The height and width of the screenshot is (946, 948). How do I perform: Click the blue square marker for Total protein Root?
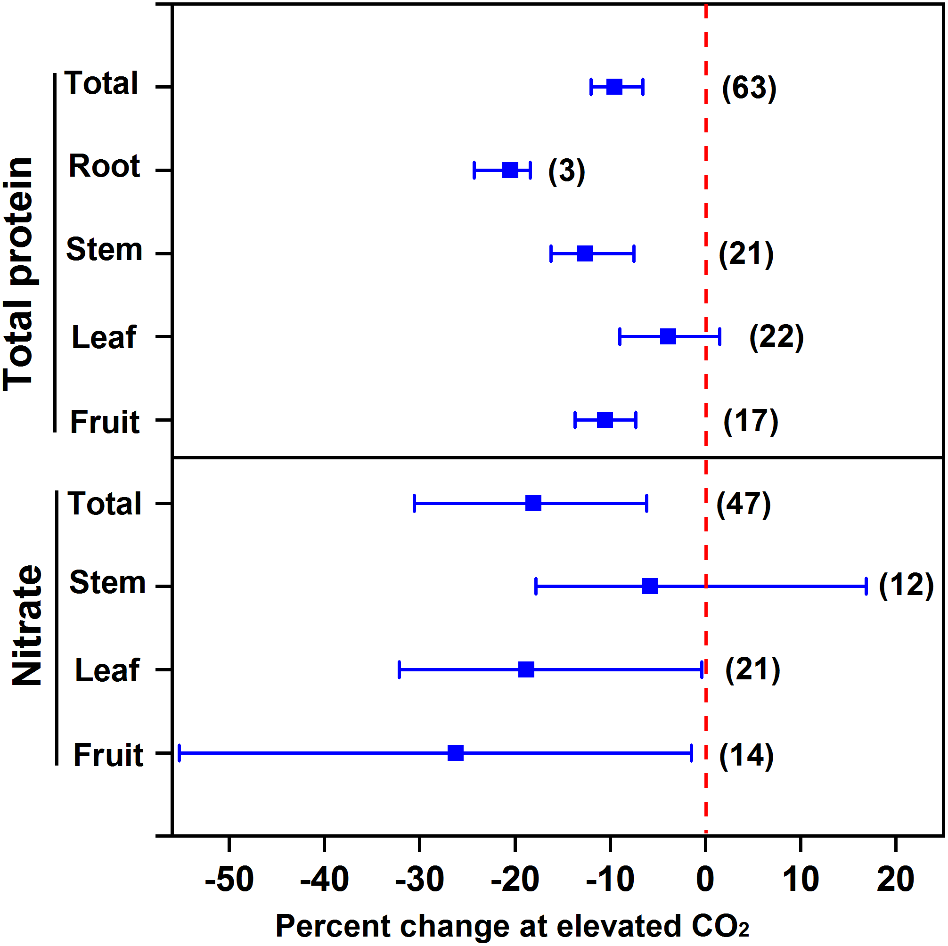(510, 170)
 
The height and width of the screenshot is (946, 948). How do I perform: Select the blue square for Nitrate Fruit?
(455, 753)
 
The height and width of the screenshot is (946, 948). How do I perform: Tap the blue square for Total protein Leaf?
(668, 336)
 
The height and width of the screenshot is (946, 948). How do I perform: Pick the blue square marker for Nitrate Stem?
(650, 586)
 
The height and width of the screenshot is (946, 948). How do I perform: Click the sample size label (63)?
(749, 88)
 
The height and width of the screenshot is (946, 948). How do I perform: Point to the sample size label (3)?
(567, 171)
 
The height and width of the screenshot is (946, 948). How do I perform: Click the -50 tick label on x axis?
(229, 878)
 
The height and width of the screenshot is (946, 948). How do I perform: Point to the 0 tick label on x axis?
(706, 878)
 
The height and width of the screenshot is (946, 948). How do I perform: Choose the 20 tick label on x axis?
(896, 878)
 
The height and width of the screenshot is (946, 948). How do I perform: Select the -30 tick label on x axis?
(419, 878)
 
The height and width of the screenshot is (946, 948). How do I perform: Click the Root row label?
(104, 166)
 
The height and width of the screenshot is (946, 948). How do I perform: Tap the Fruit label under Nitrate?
(108, 755)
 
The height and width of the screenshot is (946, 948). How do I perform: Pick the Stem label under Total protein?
(104, 249)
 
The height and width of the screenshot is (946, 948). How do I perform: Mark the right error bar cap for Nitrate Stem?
(866, 587)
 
